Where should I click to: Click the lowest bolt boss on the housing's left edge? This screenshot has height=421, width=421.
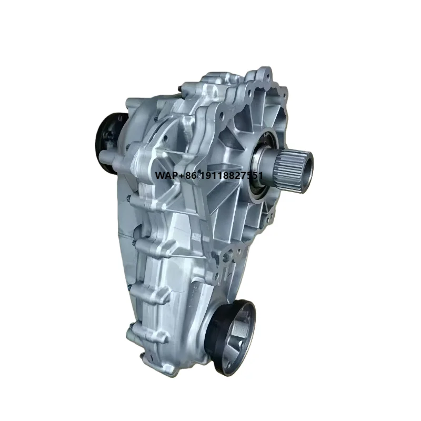[131, 332]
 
